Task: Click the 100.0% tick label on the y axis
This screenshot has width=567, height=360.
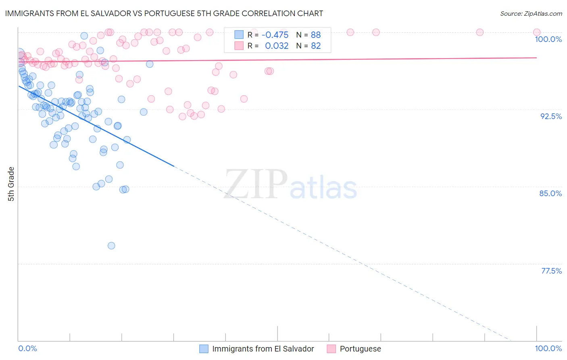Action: tap(548, 39)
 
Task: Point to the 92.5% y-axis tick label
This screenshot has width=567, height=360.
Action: tap(551, 116)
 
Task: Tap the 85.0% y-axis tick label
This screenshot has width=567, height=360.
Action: tap(550, 193)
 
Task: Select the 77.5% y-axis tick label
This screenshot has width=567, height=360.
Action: tap(551, 271)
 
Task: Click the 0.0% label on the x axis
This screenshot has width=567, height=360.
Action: tap(27, 348)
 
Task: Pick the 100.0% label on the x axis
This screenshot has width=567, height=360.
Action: tap(548, 348)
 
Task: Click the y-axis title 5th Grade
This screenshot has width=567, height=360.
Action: tap(11, 184)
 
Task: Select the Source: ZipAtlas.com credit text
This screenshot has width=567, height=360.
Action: tap(531, 13)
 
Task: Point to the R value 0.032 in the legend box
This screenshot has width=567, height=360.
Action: tap(277, 46)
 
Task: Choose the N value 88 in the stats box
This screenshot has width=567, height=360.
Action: tap(316, 35)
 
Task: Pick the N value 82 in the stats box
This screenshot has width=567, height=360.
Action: tap(316, 46)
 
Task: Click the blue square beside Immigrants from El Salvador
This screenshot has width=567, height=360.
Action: tap(204, 349)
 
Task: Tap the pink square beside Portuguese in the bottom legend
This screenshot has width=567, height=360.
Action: tap(331, 349)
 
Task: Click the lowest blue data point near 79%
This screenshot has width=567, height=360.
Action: tap(111, 245)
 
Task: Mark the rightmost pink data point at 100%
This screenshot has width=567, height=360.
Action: tap(536, 32)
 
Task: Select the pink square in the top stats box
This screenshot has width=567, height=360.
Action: tap(239, 46)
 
